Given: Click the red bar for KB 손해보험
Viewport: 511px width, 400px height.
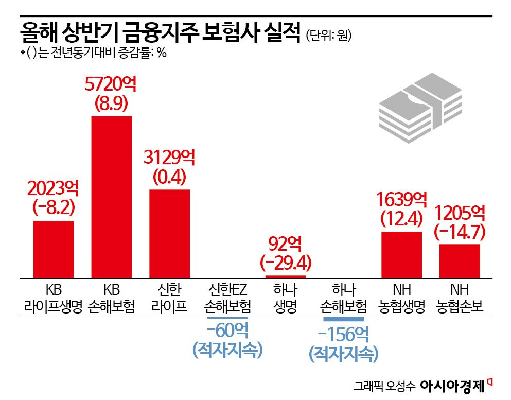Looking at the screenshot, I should pos(112,197).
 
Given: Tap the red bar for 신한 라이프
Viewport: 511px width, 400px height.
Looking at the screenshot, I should pos(170,233).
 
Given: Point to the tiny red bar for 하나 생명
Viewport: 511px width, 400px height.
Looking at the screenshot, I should pos(286,276).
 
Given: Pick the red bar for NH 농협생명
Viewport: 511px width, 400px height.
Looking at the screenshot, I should pos(402,254).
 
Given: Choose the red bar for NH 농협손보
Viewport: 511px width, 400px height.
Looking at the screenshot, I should pos(460,260).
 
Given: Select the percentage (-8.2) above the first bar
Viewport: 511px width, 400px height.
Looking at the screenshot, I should pos(54,207).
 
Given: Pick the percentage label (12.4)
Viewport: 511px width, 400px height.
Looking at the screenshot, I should pos(402,219).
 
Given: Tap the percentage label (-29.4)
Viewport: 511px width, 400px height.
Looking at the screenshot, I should pos(286,263).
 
